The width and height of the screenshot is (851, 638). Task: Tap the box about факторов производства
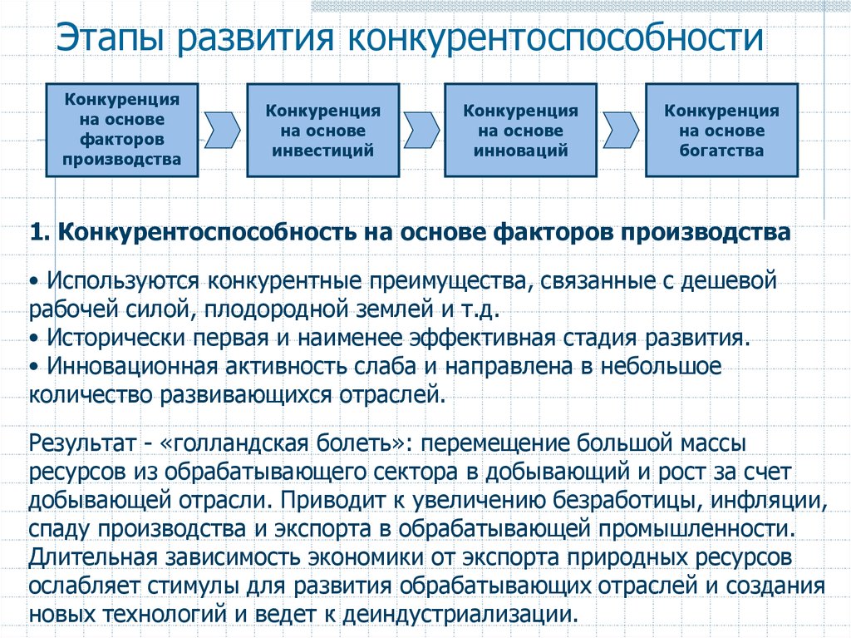pyautogui.click(x=122, y=130)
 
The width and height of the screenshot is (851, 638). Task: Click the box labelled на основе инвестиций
pyautogui.click(x=323, y=130)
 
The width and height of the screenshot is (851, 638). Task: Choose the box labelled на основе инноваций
pyautogui.click(x=520, y=130)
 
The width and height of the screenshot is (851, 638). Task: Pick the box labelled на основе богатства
pyautogui.click(x=722, y=130)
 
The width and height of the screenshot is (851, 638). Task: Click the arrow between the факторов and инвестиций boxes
pyautogui.click(x=222, y=130)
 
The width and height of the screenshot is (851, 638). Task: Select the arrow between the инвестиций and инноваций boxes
pyautogui.click(x=421, y=130)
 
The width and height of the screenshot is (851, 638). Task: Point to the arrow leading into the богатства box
pyautogui.click(x=621, y=130)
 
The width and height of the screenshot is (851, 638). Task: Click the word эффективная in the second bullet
pyautogui.click(x=483, y=338)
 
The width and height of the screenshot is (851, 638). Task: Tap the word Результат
pyautogui.click(x=82, y=443)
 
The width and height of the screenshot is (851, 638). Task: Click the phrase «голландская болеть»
pyautogui.click(x=287, y=443)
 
